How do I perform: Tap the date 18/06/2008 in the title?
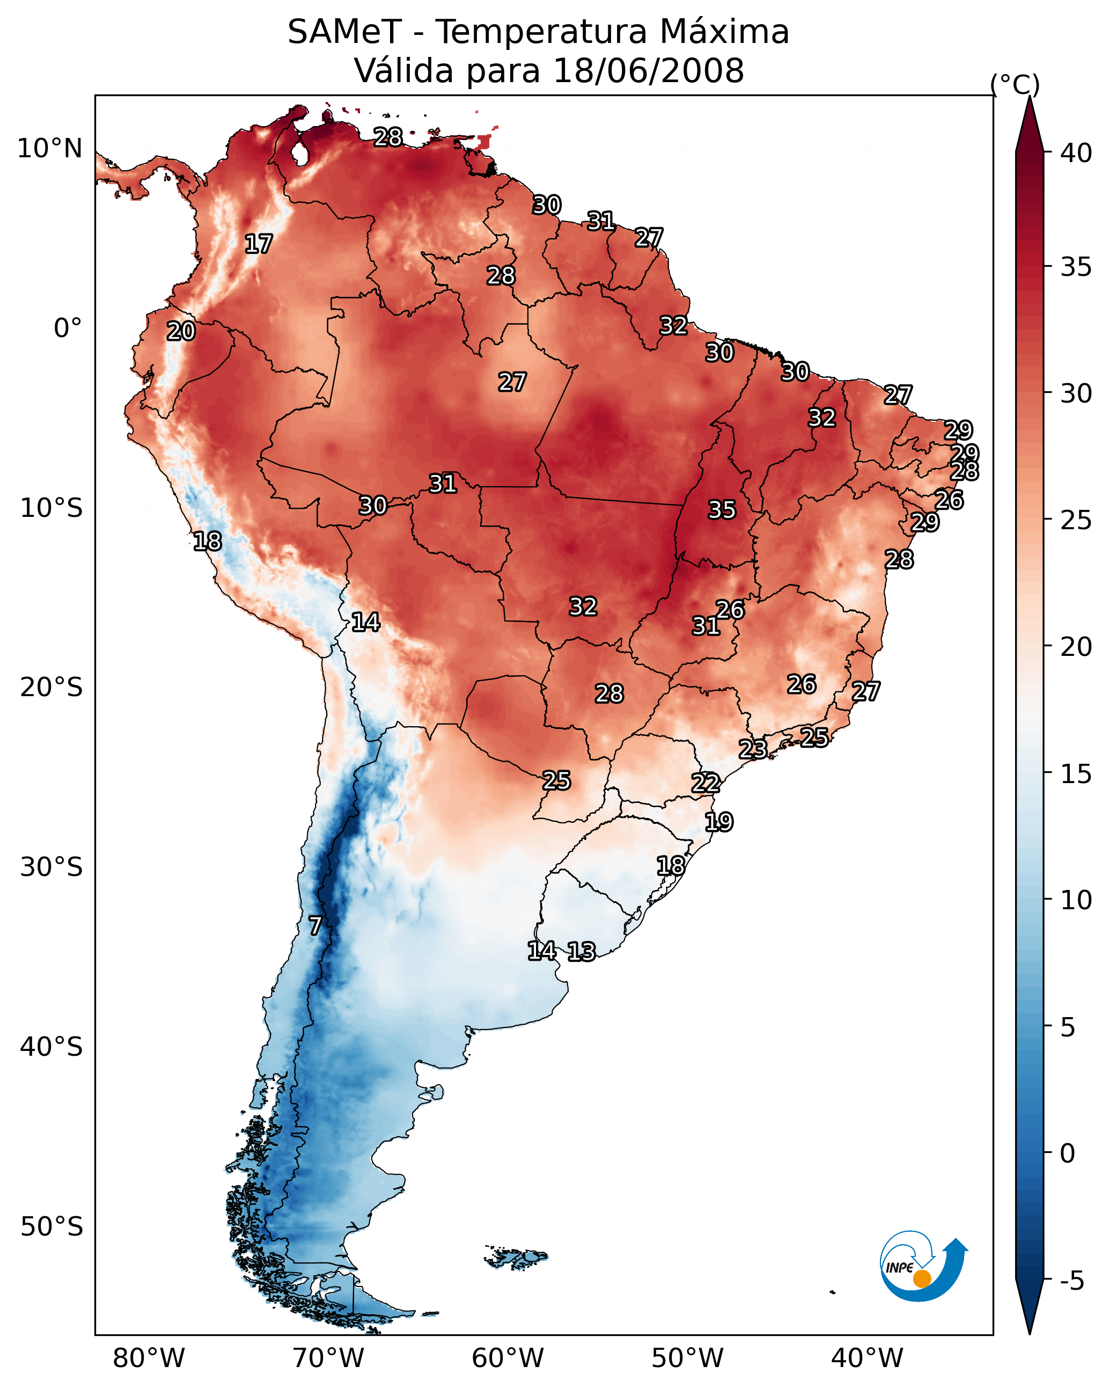[x=648, y=71]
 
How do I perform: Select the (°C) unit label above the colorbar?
[x=1015, y=84]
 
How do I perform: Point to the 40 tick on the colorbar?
[x=1076, y=153]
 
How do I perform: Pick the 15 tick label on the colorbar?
[x=1076, y=774]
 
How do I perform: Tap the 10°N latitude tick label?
[x=49, y=149]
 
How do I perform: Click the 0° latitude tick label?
[x=68, y=328]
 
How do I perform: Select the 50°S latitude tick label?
[x=52, y=1227]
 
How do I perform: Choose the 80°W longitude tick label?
[x=149, y=1359]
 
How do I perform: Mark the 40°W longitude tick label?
[x=867, y=1359]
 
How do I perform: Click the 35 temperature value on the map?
[x=722, y=510]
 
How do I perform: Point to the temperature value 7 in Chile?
[x=315, y=926]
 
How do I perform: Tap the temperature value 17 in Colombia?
[x=259, y=244]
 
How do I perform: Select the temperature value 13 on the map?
[x=581, y=952]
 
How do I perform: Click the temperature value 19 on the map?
[x=718, y=822]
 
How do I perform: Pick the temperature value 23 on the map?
[x=752, y=749]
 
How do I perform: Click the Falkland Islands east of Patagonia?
[x=518, y=1258]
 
